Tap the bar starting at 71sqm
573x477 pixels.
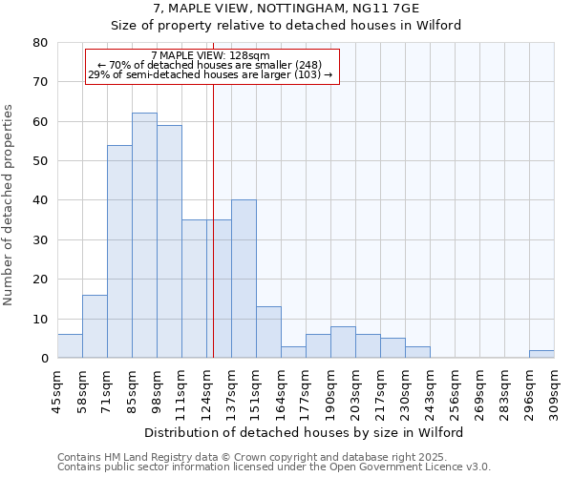[x=119, y=252]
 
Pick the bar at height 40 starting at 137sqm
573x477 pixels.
[x=244, y=280]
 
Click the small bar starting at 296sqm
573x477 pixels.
[x=541, y=354]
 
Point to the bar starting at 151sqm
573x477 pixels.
[x=268, y=333]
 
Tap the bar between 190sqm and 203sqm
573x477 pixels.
[x=343, y=342]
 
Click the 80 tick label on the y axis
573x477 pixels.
[x=40, y=43]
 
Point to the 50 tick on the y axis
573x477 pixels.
[x=40, y=161]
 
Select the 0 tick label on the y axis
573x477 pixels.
[x=44, y=359]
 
